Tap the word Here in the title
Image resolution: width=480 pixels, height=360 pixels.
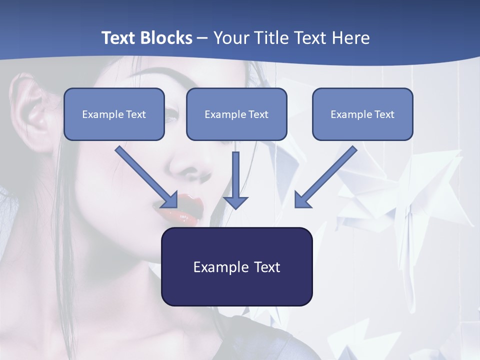(350, 38)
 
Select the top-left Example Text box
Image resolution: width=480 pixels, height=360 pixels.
(114, 114)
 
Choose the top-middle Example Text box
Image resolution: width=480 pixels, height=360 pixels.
(236, 114)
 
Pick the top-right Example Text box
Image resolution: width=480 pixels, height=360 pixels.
(362, 114)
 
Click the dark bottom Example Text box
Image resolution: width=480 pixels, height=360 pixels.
(237, 266)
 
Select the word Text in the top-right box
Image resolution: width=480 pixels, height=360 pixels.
(384, 114)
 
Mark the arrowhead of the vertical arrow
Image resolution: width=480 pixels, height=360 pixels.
(235, 201)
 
